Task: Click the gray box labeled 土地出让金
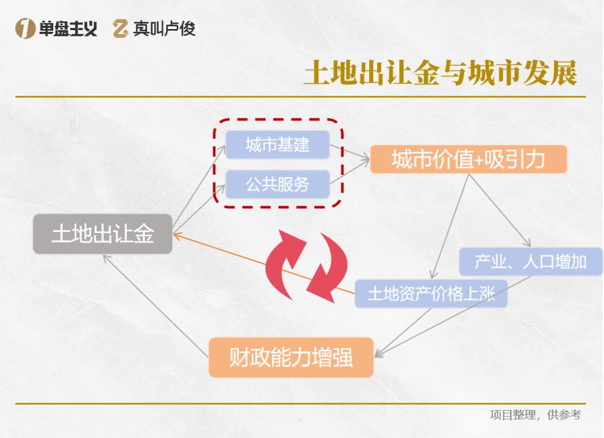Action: [102, 234]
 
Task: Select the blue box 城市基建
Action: [277, 145]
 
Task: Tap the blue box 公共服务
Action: [277, 184]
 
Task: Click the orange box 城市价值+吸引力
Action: [468, 160]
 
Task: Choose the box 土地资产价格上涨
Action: [431, 293]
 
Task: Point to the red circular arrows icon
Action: [306, 266]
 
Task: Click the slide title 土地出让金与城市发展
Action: [440, 74]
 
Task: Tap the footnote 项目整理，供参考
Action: [535, 415]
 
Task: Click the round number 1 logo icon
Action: [25, 28]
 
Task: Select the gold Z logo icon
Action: [120, 28]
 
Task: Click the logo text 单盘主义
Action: [68, 28]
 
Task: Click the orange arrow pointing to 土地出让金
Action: [263, 264]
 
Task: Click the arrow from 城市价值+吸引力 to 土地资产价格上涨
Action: [449, 226]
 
